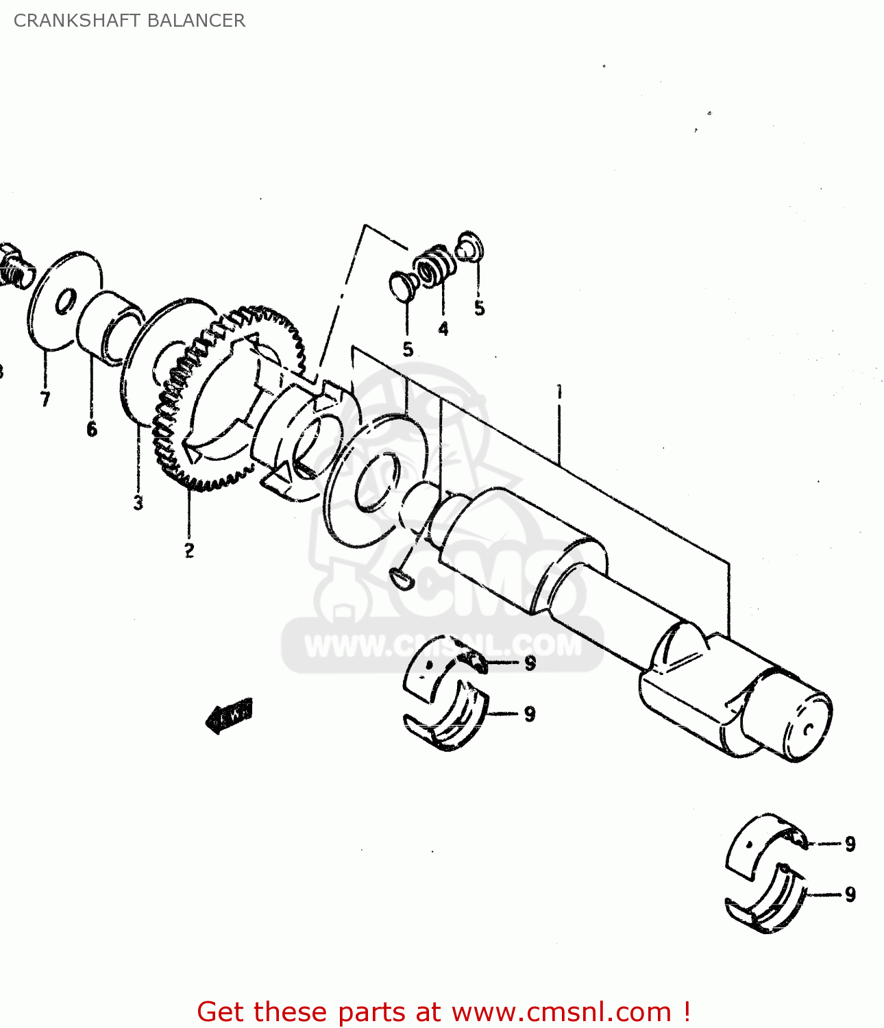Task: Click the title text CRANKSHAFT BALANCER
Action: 129,21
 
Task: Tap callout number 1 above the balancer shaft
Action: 559,392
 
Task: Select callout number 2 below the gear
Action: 188,550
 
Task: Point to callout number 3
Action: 138,503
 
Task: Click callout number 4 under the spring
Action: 443,329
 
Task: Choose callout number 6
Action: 92,430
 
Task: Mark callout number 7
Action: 45,399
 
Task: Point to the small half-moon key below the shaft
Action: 400,579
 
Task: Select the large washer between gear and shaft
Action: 377,480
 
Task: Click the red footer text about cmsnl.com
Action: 443,1012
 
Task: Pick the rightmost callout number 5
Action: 479,308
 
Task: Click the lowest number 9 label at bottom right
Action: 850,894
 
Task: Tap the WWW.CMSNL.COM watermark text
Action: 442,646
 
